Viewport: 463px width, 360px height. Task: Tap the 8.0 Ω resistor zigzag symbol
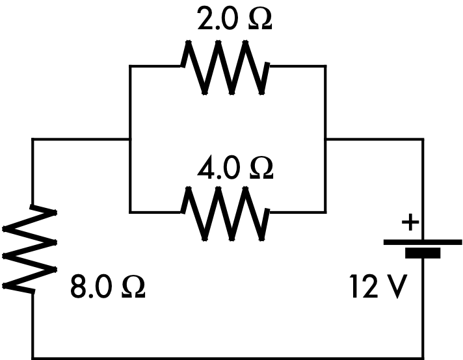(x=32, y=248)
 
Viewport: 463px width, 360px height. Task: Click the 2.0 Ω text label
(x=235, y=20)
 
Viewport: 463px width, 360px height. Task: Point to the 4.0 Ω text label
(x=235, y=168)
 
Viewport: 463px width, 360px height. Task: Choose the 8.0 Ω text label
(x=107, y=287)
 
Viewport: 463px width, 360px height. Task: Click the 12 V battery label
(x=378, y=287)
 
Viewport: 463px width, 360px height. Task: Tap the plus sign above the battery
(x=410, y=223)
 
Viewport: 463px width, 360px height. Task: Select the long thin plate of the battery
(x=423, y=242)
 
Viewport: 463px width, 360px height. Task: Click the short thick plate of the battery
(x=423, y=253)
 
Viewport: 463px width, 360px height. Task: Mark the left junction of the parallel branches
(x=130, y=139)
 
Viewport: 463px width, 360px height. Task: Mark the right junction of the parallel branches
(x=325, y=139)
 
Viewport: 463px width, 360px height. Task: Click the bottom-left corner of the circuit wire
(x=33, y=357)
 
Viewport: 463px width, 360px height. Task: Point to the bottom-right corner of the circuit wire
(x=423, y=357)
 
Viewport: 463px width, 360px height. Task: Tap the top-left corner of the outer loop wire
(x=33, y=139)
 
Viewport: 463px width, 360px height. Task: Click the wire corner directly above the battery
(x=423, y=139)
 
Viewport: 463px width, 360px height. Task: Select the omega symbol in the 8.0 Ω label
(x=133, y=287)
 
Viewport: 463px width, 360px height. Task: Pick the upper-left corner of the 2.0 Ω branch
(x=130, y=66)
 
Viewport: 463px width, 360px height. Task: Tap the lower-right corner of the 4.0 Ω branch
(x=325, y=212)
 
